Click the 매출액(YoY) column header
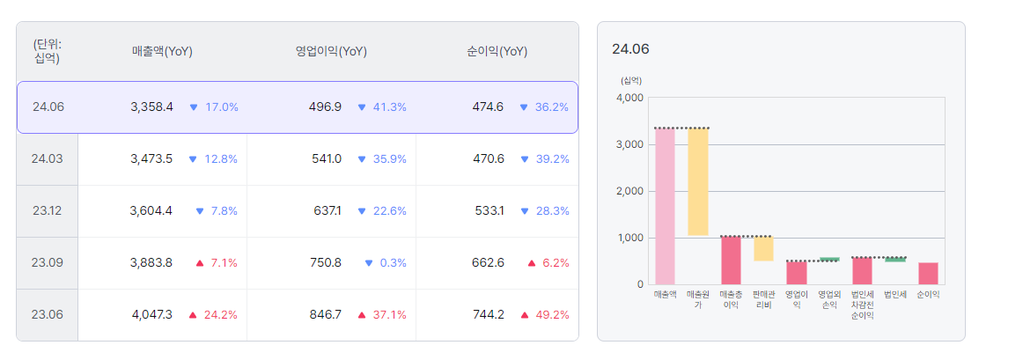point(162,51)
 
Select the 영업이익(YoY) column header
point(331,51)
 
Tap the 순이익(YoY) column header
point(497,51)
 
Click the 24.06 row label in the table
point(48,107)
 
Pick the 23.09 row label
point(48,262)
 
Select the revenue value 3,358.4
point(151,107)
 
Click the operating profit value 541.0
point(326,159)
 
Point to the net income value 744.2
point(487,314)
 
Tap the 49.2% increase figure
point(553,314)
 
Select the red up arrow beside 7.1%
point(200,263)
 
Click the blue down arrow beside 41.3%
point(361,107)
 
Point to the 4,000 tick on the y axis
point(630,98)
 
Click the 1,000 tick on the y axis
point(630,238)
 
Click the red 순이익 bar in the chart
point(928,273)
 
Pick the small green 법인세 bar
point(895,259)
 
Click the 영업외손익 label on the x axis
point(828,299)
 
